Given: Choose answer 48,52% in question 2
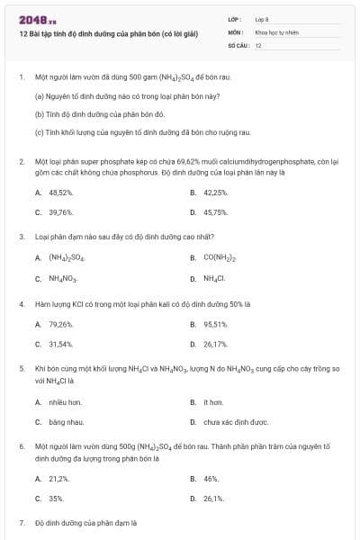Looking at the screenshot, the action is (x=60, y=193).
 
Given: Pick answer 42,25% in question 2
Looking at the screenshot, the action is (x=215, y=193).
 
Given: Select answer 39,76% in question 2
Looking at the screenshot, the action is (x=60, y=212).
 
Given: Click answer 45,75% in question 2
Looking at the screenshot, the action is (x=215, y=212).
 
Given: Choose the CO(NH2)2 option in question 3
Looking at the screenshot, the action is (x=220, y=258).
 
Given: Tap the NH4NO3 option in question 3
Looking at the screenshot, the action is (x=64, y=278).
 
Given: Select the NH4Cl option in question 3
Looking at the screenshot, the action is (x=213, y=278).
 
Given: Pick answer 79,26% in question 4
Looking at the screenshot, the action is (x=60, y=324).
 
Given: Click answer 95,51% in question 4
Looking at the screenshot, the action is (x=215, y=324).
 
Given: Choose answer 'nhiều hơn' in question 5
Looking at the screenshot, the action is (x=64, y=401).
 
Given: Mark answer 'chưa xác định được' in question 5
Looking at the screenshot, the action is (x=236, y=421).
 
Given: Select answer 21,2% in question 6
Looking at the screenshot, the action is (x=58, y=479).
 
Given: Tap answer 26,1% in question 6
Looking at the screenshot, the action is (x=213, y=499).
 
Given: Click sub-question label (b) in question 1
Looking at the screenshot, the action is (x=40, y=114).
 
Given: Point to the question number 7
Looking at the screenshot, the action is (x=22, y=523).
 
